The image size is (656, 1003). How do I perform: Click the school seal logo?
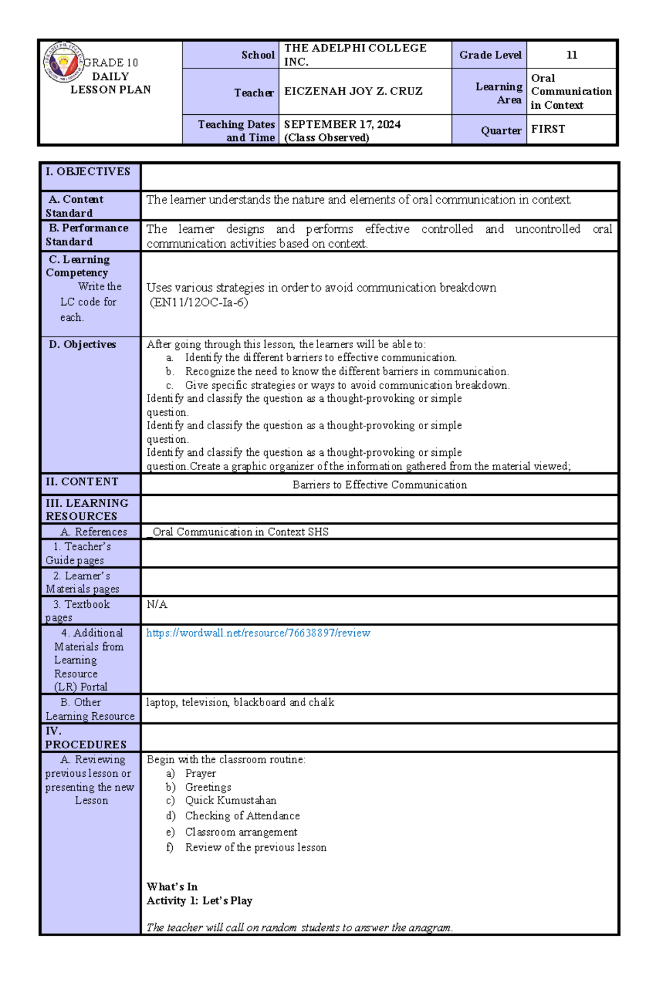pos(63,62)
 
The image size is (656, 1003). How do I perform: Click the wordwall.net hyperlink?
pos(258,633)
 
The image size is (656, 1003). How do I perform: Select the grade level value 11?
pos(572,55)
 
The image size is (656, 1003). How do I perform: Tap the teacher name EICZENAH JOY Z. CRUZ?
pos(353,91)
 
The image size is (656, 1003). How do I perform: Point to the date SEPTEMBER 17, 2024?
pos(342,125)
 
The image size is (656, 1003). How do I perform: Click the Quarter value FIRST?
pos(548,129)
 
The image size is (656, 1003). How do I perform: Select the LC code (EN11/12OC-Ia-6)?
pos(199,302)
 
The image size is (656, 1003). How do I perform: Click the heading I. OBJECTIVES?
pos(88,172)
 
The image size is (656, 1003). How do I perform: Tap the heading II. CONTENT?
pos(82,482)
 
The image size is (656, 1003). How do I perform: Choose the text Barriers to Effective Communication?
pos(379,485)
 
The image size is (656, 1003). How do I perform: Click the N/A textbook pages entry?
pos(157,604)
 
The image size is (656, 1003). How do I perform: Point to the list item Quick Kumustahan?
pos(230,800)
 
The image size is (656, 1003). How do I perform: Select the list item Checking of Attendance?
pos(242,816)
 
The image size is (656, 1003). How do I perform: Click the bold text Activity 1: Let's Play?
pos(200,900)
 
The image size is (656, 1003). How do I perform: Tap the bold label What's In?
pos(172,887)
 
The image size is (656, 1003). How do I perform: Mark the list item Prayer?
pos(200,773)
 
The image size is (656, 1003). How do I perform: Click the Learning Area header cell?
pos(498,93)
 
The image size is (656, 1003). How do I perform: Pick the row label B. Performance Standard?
pos(87,234)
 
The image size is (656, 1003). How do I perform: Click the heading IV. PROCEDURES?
pos(85,737)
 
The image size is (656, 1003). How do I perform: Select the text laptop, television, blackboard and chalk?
pos(240,702)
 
